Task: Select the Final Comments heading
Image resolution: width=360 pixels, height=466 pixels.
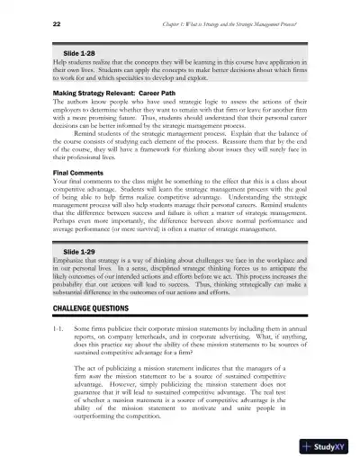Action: point(55,173)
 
